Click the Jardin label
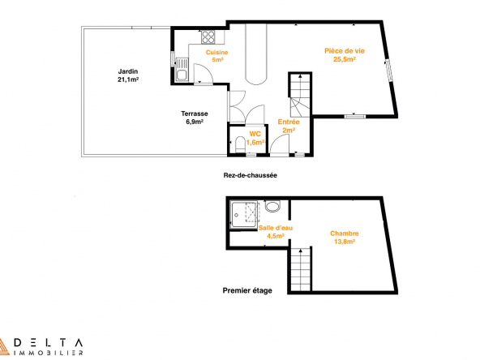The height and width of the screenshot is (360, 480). pyautogui.click(x=128, y=75)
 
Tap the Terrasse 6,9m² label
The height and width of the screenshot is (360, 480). pyautogui.click(x=195, y=118)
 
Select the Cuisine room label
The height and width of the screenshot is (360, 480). pyautogui.click(x=217, y=56)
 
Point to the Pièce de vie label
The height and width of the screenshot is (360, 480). pyautogui.click(x=345, y=55)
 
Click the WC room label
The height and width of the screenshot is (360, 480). pyautogui.click(x=255, y=138)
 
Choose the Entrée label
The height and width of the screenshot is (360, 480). pyautogui.click(x=289, y=126)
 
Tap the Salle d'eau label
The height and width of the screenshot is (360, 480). pyautogui.click(x=276, y=232)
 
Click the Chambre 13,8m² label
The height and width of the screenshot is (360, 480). pyautogui.click(x=345, y=238)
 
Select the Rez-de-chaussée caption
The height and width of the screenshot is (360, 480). pyautogui.click(x=250, y=175)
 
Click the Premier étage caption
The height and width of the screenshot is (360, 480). pyautogui.click(x=247, y=290)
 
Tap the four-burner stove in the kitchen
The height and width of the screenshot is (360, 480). pyautogui.click(x=208, y=37)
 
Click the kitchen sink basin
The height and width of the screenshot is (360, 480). pyautogui.click(x=182, y=75)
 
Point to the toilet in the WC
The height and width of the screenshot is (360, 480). pyautogui.click(x=241, y=144)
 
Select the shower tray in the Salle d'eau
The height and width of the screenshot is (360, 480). pyautogui.click(x=244, y=214)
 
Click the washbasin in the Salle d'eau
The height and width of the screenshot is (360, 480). pyautogui.click(x=272, y=206)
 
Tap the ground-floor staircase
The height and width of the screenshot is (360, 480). pyautogui.click(x=300, y=95)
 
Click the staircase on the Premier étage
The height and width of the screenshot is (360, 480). pyautogui.click(x=301, y=269)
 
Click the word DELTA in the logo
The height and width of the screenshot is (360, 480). pyautogui.click(x=49, y=342)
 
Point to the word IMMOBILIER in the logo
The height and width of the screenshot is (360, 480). pyautogui.click(x=49, y=353)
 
